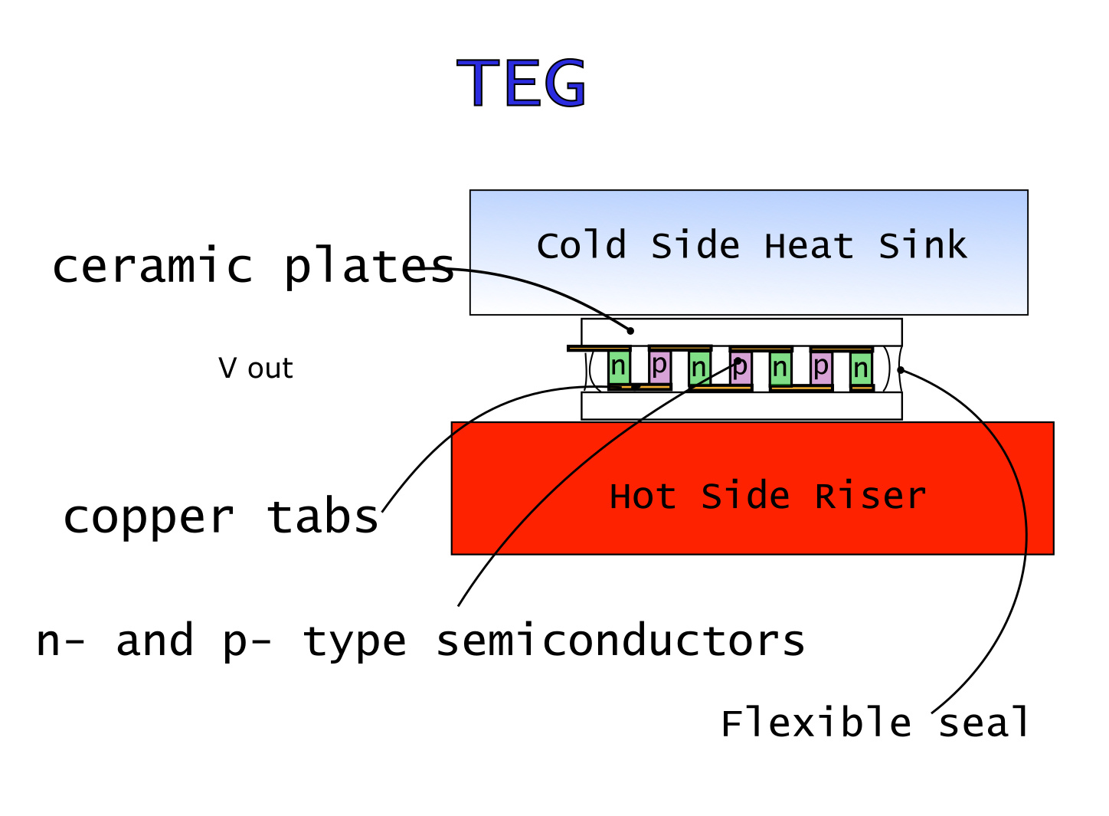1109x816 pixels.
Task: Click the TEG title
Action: click(522, 83)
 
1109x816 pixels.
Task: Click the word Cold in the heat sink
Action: click(581, 246)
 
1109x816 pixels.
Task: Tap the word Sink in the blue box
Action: click(922, 246)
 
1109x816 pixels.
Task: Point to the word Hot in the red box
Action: click(643, 496)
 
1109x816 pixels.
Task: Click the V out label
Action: click(255, 369)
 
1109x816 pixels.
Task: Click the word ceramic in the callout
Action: click(152, 266)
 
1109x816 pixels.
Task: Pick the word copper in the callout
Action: click(149, 517)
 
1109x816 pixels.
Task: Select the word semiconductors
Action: click(620, 641)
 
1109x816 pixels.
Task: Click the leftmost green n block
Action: click(619, 367)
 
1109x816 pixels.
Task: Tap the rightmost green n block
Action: click(861, 369)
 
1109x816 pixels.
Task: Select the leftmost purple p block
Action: click(659, 366)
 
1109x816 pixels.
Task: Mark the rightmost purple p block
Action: click(821, 367)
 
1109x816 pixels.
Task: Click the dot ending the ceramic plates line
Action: click(630, 331)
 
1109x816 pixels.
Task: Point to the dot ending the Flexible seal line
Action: click(901, 370)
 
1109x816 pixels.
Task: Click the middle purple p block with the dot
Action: click(740, 367)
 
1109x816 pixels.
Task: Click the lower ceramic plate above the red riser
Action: click(741, 406)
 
